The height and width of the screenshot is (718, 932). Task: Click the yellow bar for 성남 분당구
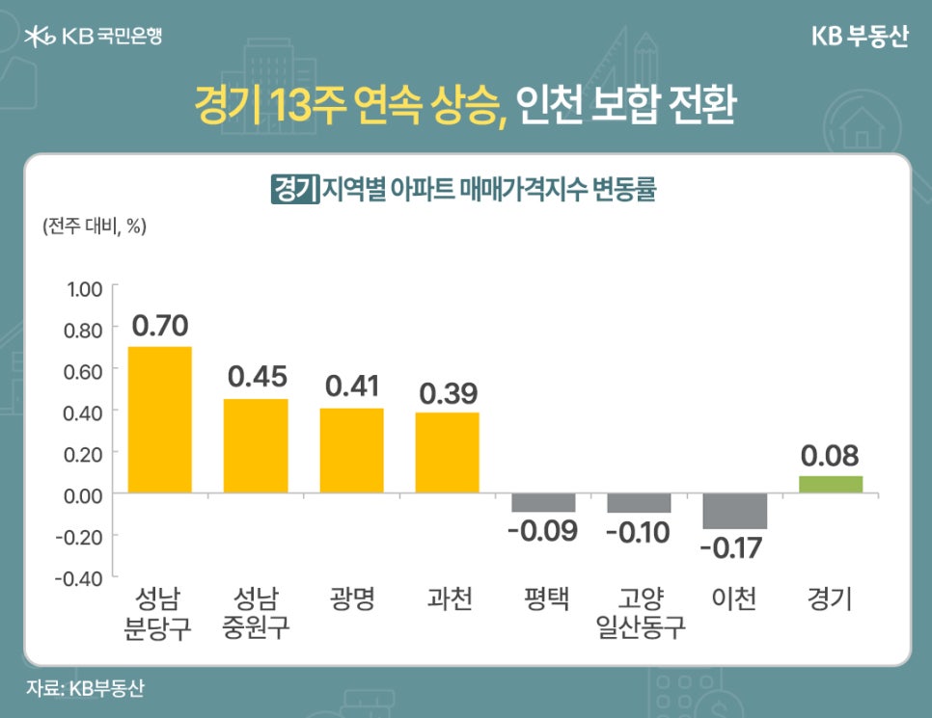click(160, 419)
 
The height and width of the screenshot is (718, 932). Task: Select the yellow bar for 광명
click(351, 450)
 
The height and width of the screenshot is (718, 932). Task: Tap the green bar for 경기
click(831, 484)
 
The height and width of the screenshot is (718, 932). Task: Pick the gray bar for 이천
click(734, 511)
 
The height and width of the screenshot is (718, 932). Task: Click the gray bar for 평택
click(543, 502)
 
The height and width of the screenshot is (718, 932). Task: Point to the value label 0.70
click(160, 325)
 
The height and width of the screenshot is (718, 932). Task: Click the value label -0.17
click(730, 549)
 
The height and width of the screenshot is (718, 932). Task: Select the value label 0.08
click(831, 455)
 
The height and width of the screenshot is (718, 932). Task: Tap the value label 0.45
click(257, 377)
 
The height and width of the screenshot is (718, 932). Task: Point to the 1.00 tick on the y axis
click(84, 288)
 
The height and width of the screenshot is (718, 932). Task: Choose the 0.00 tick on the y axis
click(84, 493)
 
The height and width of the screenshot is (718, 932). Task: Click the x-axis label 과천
click(449, 599)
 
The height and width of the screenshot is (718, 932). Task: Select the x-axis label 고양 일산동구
click(640, 614)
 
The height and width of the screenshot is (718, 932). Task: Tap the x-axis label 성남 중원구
click(257, 614)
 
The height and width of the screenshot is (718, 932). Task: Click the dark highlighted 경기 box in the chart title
click(295, 187)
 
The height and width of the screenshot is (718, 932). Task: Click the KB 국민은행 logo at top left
click(93, 37)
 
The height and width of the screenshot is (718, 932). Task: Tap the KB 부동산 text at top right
click(859, 37)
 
